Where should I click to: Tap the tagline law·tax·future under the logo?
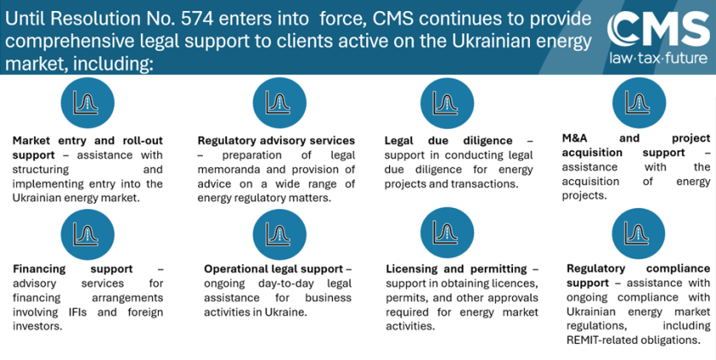[x=658, y=58]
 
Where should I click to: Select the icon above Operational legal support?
[x=276, y=232]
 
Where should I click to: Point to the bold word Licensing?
[x=413, y=269]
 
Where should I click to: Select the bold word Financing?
[x=40, y=269]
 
